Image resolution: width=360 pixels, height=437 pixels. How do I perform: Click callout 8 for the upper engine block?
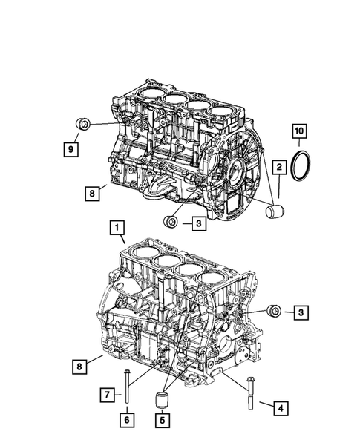click(91, 194)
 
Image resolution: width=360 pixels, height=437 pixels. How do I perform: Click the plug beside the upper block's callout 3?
click(171, 220)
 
